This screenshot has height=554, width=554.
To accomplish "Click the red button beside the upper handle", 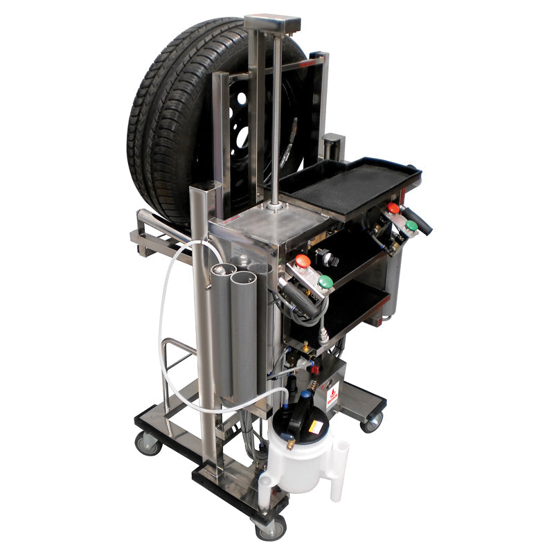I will coord(393,208).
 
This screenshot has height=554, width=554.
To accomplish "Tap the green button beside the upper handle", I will coord(411,226).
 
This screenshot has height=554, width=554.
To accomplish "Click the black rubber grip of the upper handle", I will coord(420,221).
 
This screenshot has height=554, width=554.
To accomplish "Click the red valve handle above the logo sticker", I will coord(318,382).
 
